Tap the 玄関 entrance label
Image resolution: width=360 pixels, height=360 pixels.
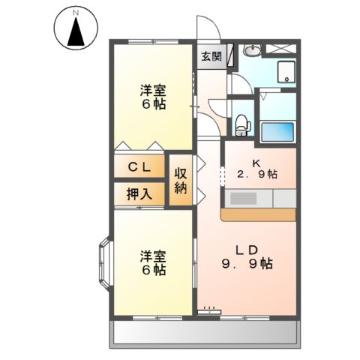(x=211, y=56)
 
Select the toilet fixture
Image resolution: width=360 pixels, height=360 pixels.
(x=241, y=124)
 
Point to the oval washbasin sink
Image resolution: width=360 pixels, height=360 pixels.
(x=252, y=51)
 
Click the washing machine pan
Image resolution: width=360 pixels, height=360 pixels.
(x=285, y=73)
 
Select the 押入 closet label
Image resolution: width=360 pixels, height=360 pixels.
(x=138, y=193)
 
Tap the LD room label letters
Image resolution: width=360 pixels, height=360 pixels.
(x=248, y=250)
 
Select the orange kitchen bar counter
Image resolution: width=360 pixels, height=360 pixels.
(x=259, y=214)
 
